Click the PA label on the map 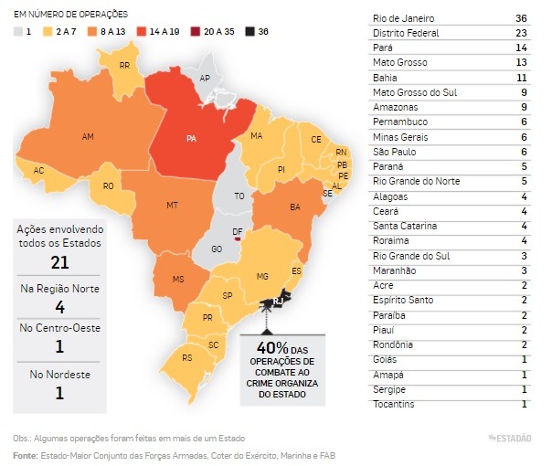tap(190, 140)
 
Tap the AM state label tap(88, 137)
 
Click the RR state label tap(124, 66)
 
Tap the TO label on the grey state tap(239, 196)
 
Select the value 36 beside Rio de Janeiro tap(521, 19)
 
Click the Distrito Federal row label tap(406, 34)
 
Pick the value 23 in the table tap(521, 34)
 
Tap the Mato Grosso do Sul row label tap(412, 92)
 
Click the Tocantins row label tap(394, 404)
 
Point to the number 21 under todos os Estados tap(59, 263)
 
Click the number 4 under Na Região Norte tap(59, 307)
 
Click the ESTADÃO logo tap(509, 438)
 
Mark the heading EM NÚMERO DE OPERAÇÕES tap(70, 15)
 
